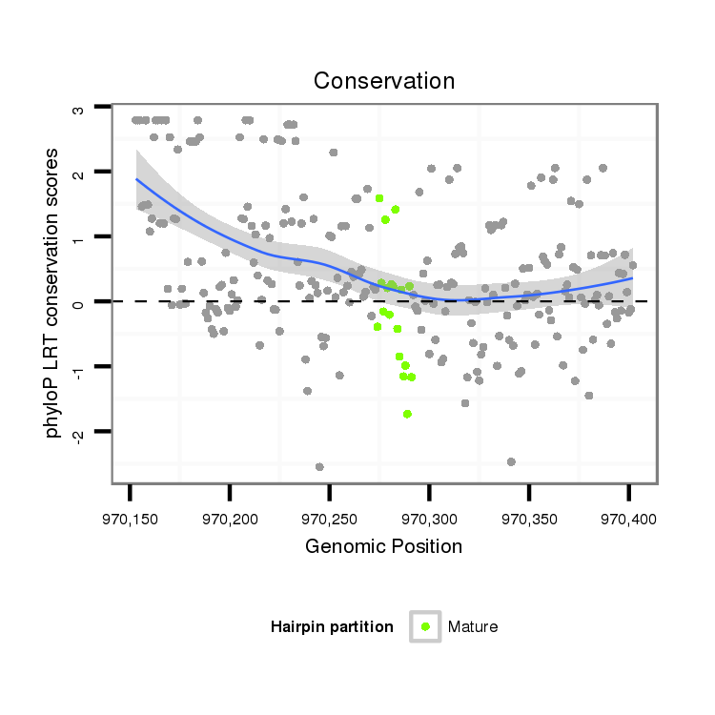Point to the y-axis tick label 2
point(80,173)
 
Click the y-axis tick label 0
point(80,302)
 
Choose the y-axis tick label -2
point(80,434)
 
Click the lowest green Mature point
point(407,414)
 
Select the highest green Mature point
point(379,198)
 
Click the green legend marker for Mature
point(425,626)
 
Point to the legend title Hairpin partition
point(332,627)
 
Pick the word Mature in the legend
point(473,627)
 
